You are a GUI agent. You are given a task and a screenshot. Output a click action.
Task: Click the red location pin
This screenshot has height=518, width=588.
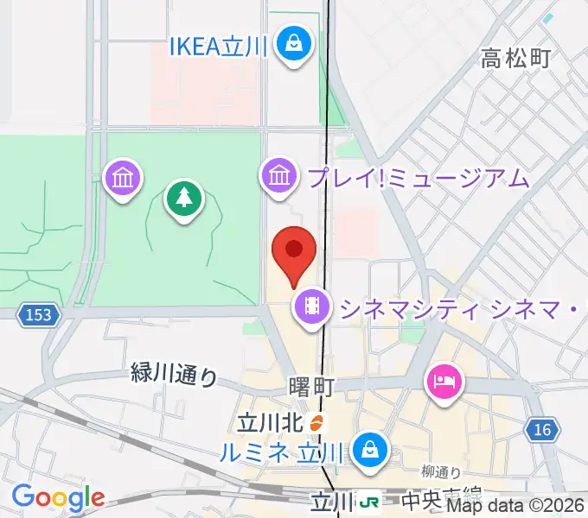pyautogui.click(x=294, y=252)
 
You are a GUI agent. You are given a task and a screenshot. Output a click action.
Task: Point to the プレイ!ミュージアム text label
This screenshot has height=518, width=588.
pyautogui.click(x=416, y=178)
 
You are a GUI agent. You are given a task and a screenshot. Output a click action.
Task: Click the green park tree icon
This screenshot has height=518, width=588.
pyautogui.click(x=182, y=199)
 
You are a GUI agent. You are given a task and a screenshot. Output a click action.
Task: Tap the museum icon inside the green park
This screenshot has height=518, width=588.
pyautogui.click(x=122, y=179)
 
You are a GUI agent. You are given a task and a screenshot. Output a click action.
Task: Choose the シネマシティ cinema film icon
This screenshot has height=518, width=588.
pyautogui.click(x=311, y=305)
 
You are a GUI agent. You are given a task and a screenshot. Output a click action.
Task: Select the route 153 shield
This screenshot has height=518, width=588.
pyautogui.click(x=40, y=316)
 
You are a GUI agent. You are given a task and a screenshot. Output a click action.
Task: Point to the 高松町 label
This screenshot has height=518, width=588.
pyautogui.click(x=516, y=59)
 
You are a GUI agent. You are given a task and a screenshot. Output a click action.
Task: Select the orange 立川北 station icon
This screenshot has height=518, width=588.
pyautogui.click(x=316, y=423)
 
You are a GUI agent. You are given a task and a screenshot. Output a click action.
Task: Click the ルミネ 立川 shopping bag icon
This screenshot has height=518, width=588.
pyautogui.click(x=370, y=449)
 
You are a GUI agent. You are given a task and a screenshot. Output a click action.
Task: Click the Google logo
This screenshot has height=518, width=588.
pyautogui.click(x=58, y=498)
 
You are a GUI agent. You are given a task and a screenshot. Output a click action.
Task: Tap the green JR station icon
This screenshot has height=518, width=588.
pyautogui.click(x=370, y=501)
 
